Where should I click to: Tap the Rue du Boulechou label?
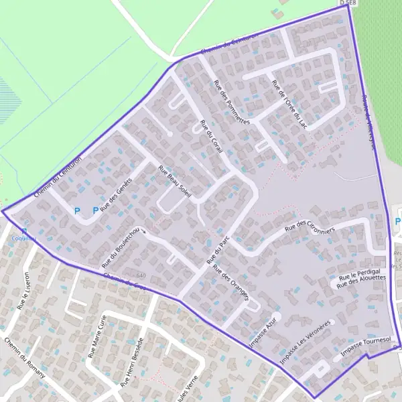coord(121,246)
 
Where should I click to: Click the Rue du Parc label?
coord(218,247)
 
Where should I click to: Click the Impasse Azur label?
coord(262,328)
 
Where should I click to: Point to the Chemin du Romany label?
coord(25,358)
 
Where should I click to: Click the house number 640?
coord(141,275)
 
